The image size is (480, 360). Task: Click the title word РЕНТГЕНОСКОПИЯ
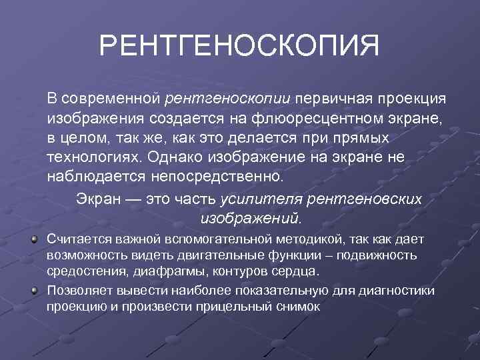(239, 47)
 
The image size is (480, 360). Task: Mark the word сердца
(300, 272)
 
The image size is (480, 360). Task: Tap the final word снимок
(299, 307)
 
